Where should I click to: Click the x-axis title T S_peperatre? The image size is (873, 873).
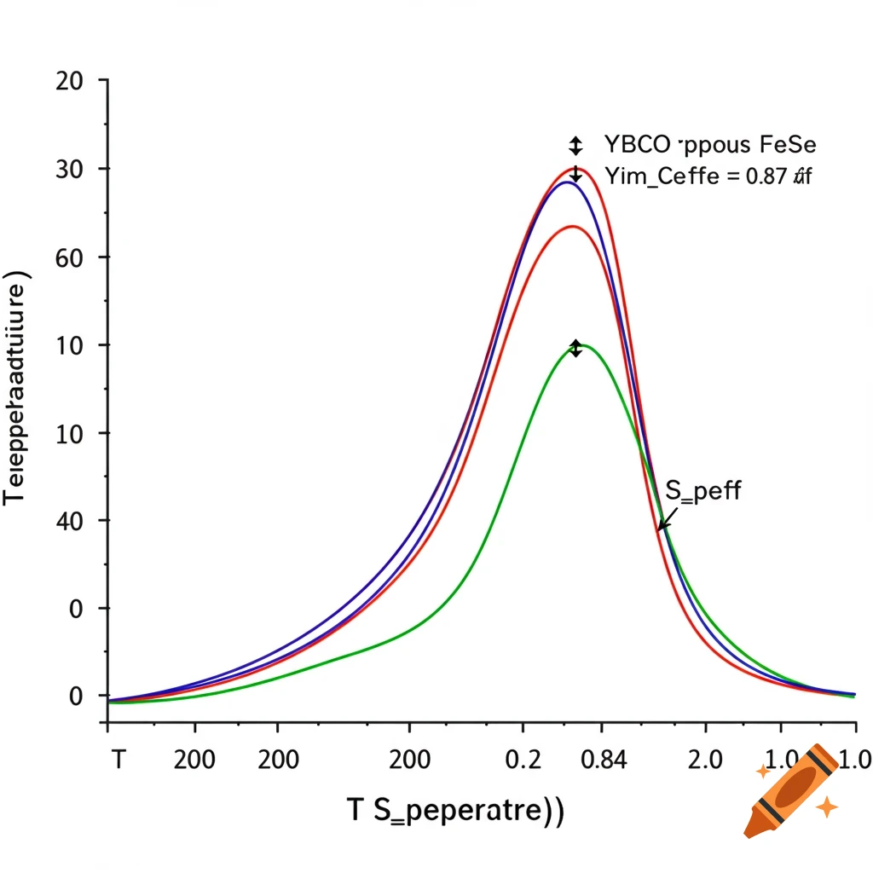point(455,809)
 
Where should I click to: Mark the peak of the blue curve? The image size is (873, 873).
point(565,182)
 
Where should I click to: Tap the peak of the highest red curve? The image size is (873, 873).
point(574,168)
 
